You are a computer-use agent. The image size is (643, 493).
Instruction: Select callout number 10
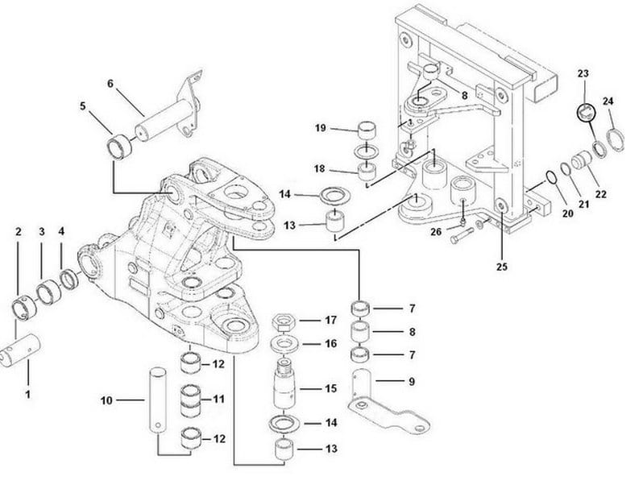[106, 400]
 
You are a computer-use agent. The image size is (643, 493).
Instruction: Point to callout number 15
[330, 388]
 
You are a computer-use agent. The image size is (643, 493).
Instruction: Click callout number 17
[330, 320]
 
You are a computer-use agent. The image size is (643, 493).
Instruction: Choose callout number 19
[320, 128]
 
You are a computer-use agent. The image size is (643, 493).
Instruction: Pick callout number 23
[583, 73]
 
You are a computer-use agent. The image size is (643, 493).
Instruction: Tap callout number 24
[608, 101]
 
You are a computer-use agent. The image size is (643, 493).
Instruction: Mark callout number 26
[436, 232]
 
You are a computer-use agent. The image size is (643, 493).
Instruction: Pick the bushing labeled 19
[367, 129]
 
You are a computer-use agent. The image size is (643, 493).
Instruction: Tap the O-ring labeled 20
[550, 177]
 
